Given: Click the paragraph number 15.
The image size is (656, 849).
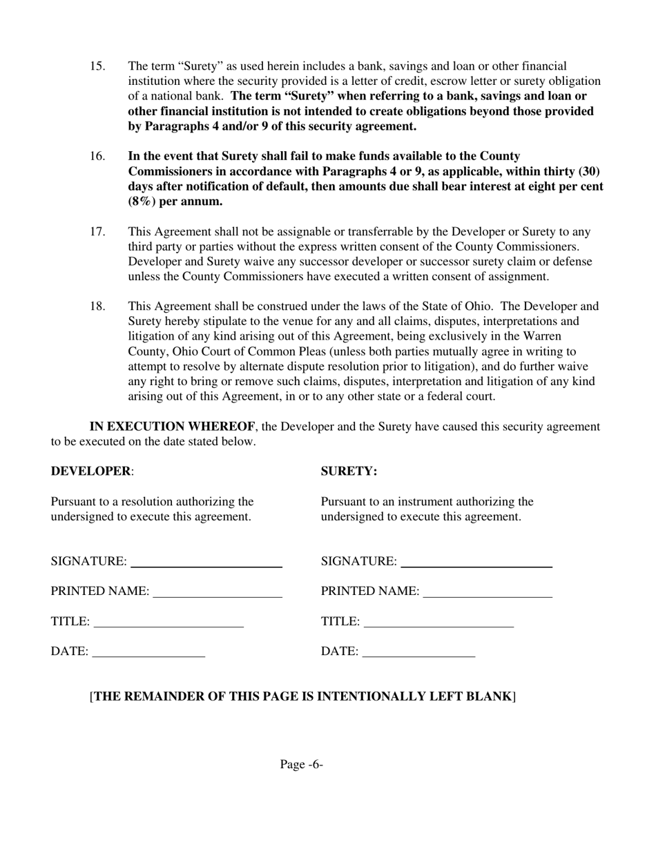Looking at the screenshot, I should pos(97,66).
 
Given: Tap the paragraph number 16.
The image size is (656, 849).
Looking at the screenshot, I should pos(97,157).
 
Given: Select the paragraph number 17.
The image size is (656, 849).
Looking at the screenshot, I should pos(97,232).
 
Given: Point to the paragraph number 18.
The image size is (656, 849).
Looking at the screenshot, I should pos(97,306).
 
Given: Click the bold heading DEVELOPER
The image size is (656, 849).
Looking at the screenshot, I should pos(90,471).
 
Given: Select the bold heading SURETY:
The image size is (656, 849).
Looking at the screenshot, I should pos(349,471).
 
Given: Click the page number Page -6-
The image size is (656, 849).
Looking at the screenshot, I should pos(302,764).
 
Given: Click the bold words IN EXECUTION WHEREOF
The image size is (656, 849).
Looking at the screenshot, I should pos(172,427).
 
